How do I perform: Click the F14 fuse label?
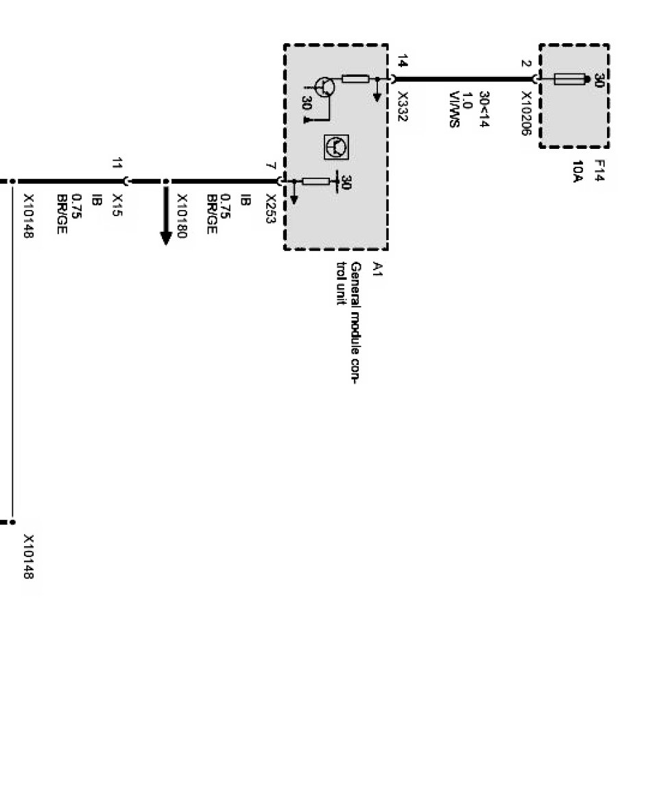pos(598,169)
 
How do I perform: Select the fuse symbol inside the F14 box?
pos(569,80)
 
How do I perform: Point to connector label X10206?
pos(526,114)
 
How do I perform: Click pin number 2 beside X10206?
pos(525,64)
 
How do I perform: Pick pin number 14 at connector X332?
pos(403,64)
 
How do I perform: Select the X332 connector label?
pos(403,108)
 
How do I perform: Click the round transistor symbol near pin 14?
pos(325,86)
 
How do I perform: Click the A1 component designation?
pos(377,268)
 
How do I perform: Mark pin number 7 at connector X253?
pos(271,167)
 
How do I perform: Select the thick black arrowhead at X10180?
pos(165,236)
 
